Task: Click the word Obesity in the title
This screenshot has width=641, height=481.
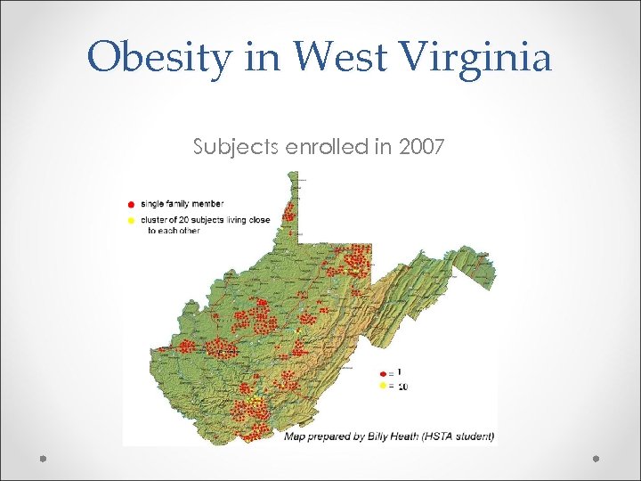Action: tap(158, 59)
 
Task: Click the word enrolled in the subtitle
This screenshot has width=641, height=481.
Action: tap(329, 147)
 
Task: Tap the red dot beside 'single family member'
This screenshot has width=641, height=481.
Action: tap(133, 203)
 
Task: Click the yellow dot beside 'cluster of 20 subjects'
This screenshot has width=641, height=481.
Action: tap(133, 218)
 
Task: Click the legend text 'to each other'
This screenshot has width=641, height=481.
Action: tap(174, 230)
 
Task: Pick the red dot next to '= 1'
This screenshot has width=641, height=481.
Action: tap(383, 372)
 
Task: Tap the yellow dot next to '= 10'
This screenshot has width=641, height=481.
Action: tap(383, 387)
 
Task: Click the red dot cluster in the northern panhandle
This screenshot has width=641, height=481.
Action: tap(289, 212)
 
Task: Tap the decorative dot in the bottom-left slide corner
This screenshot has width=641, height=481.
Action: tap(43, 458)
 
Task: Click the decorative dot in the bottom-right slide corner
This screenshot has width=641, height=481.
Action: tap(597, 458)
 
